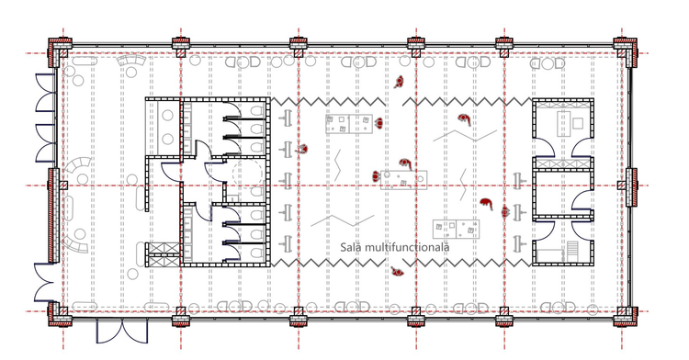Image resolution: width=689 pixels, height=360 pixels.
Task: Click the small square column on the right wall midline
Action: pos(621,186)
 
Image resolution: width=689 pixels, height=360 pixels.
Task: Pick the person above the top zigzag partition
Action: pos(399,82)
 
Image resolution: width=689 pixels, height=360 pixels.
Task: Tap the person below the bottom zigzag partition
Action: pos(398,272)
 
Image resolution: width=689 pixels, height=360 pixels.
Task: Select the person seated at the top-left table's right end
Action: pos(378,123)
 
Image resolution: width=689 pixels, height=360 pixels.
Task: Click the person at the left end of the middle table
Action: pos(376,177)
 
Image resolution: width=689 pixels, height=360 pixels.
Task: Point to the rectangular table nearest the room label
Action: pos(456,229)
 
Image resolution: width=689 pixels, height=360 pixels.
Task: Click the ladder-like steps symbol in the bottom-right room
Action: pos(572,251)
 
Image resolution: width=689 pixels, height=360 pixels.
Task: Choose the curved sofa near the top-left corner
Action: pos(130,61)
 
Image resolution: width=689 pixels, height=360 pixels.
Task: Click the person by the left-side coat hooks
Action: pos(302,150)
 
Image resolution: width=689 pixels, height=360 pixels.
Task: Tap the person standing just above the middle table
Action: pos(405,164)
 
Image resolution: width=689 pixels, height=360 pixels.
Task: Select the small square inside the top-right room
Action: pos(578,123)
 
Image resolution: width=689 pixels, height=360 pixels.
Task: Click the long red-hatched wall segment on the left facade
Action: pos(53,215)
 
